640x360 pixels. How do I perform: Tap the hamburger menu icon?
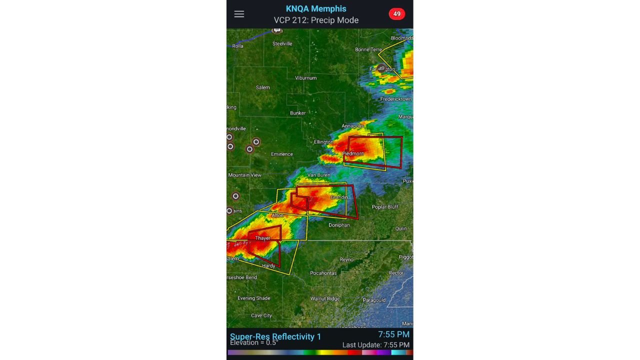click(239, 14)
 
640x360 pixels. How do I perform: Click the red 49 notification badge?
click(396, 14)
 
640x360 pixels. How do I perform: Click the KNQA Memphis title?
click(316, 8)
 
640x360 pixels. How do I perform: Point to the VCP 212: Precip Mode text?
click(316, 20)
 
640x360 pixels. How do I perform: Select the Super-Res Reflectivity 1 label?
click(275, 336)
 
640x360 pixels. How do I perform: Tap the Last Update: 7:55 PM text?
click(375, 345)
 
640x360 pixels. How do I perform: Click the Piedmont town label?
click(353, 153)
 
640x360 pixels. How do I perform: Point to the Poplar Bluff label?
click(385, 207)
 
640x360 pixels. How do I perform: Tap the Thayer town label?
click(262, 238)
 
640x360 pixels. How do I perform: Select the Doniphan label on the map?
click(339, 225)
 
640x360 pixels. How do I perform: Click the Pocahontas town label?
click(323, 273)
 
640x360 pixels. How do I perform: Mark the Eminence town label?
click(282, 154)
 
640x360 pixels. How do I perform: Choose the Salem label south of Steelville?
click(262, 87)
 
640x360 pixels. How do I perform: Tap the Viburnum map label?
click(305, 78)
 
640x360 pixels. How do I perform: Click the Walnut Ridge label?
click(325, 298)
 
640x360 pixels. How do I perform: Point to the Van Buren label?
click(318, 175)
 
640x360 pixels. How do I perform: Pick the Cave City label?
click(261, 315)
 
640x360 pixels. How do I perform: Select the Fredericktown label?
click(396, 99)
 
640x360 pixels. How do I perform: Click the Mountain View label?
click(245, 175)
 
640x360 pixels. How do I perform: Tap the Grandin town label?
click(339, 197)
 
